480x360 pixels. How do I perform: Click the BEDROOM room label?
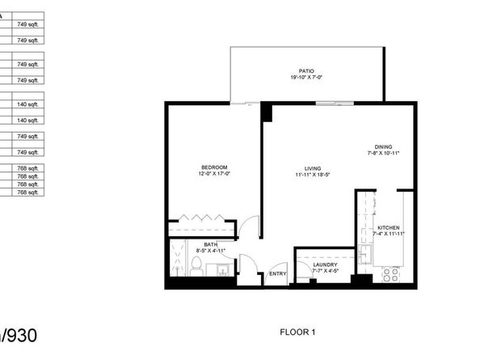pos(213,167)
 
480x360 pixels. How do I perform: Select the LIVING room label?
pos(303,167)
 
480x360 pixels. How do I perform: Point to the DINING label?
pos(384,146)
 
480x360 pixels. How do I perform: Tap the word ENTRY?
pos(278,273)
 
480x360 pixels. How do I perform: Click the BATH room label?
pos(209,244)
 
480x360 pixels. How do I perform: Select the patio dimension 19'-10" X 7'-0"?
pos(305,78)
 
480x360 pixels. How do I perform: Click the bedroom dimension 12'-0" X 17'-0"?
pos(214,174)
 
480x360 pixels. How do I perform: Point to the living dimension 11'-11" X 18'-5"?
pos(303,174)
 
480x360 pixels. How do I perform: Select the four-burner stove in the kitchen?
pos(391,274)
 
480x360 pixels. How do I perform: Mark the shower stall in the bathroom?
pos(178,257)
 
